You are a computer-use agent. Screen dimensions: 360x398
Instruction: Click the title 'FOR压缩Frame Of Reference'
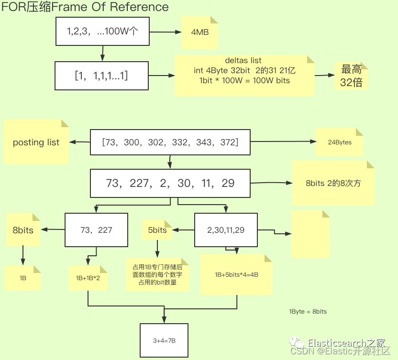coord(85,7)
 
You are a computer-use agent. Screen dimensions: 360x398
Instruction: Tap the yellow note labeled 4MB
coord(200,33)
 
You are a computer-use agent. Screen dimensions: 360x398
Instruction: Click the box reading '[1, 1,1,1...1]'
coord(101,76)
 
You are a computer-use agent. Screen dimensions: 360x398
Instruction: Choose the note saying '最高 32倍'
coord(351,76)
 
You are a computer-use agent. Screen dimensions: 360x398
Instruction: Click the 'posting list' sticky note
coord(36,142)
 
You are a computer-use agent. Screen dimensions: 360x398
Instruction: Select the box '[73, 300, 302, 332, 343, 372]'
coord(170,142)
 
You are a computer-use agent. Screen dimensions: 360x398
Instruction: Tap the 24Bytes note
coord(340,142)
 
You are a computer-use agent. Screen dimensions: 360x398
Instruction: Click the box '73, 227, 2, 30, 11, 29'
coord(170,183)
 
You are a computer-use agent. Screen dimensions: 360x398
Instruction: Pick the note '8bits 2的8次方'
coord(333,183)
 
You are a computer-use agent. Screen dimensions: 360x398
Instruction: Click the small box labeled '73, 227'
coord(96,230)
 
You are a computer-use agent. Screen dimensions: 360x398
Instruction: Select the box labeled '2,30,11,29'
coord(226,230)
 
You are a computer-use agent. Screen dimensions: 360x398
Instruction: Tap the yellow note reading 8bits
coord(23,230)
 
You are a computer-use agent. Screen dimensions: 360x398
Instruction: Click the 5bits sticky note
coord(157,230)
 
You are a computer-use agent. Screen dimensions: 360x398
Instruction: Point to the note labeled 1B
coord(22,278)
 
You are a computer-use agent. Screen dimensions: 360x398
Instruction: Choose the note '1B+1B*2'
coord(88,278)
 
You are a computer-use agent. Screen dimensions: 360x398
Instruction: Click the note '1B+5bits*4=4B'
coord(236,275)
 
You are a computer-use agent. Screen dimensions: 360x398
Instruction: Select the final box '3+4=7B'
coord(164,340)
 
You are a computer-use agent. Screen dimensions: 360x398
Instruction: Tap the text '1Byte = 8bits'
coord(308,311)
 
